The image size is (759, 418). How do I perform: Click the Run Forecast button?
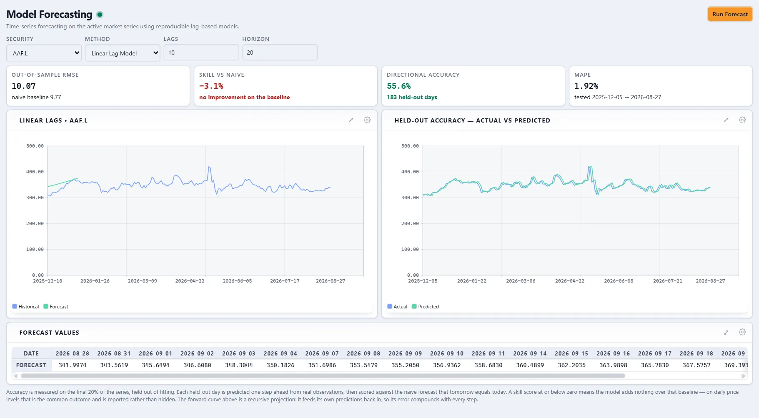point(730,14)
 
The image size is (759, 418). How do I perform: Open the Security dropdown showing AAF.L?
point(44,53)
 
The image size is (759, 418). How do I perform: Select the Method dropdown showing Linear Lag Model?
point(123,53)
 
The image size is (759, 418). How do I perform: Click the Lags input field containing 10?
point(201,53)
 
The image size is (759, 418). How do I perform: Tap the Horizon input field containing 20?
point(280,53)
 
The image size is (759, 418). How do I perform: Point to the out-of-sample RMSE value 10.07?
point(24,86)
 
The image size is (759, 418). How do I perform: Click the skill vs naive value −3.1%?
point(211,86)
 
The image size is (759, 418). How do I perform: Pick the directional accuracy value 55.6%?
point(399,86)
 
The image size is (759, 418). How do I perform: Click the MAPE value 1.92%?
point(586,86)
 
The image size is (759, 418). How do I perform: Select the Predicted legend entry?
point(425,306)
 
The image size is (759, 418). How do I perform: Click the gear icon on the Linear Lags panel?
point(367,120)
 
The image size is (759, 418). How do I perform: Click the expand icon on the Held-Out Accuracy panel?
point(726,120)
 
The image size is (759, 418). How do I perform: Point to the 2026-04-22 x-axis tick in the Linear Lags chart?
point(190,281)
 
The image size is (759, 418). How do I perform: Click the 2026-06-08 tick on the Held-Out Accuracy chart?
point(619,281)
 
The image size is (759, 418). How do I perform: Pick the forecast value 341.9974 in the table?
point(73,365)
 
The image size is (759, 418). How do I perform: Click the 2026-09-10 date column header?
point(447,353)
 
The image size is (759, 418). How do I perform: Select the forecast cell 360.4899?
point(530,365)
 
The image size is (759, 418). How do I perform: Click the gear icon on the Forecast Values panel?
point(742,332)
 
